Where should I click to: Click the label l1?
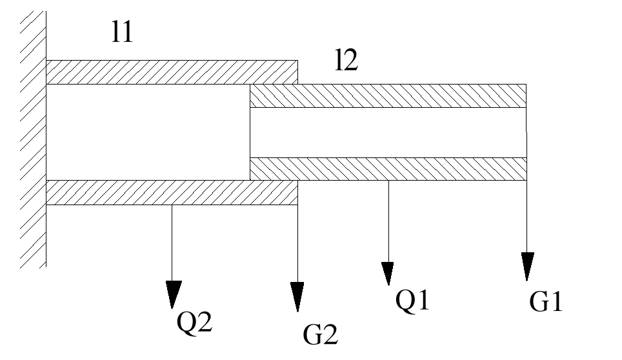[122, 32]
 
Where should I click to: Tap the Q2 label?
[194, 320]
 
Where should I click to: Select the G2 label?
[320, 334]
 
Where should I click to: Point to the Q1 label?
[412, 301]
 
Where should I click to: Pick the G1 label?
[546, 301]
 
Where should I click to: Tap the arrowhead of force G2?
[297, 296]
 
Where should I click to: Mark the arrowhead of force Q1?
[388, 273]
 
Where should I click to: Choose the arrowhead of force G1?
[528, 265]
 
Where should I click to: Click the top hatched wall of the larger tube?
[171, 72]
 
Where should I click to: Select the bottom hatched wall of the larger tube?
[171, 192]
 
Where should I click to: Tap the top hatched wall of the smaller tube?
[387, 95]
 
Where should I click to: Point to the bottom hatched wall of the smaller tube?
[387, 169]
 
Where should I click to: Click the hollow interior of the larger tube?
[148, 132]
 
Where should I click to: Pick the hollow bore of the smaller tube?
[387, 132]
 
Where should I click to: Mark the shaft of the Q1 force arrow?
[388, 219]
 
